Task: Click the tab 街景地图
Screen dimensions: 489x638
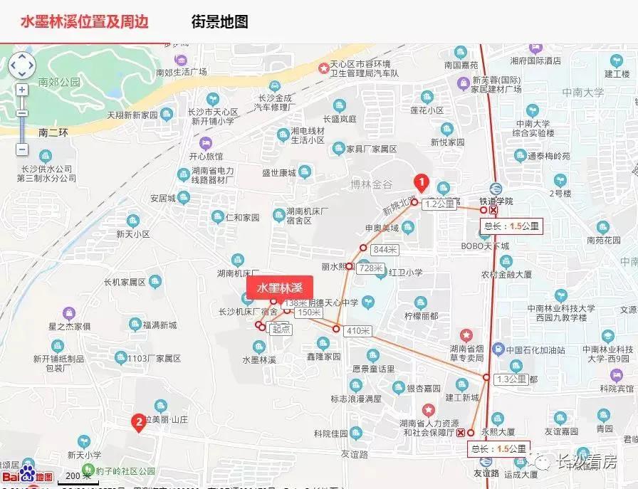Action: (x=219, y=21)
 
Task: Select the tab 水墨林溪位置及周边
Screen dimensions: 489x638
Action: (x=84, y=21)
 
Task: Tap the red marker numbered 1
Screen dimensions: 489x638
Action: (x=421, y=184)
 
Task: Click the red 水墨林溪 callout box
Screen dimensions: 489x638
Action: (x=280, y=288)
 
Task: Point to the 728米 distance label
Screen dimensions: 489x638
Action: (x=371, y=268)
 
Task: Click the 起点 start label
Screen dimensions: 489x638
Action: (x=281, y=328)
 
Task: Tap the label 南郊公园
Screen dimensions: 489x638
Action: (x=60, y=82)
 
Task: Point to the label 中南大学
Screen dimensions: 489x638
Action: (x=582, y=92)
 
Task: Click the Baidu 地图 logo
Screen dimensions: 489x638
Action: (x=27, y=475)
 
